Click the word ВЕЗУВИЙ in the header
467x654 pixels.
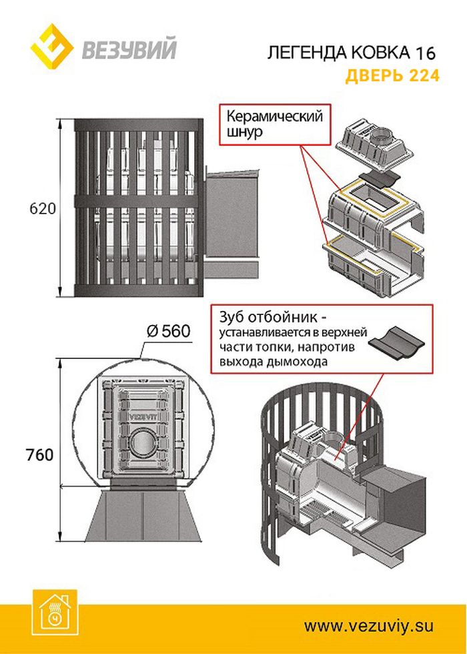129,50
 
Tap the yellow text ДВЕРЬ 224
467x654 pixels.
392,75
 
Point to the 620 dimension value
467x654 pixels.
42,208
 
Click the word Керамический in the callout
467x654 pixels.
274,116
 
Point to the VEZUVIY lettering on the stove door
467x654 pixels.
140,412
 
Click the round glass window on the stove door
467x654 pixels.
141,442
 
